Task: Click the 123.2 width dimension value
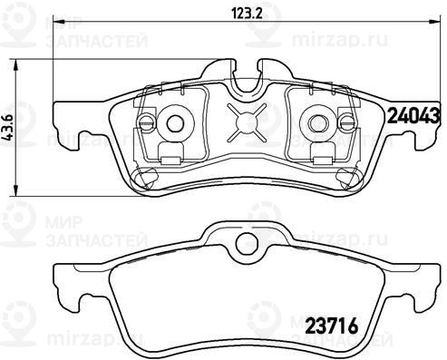click(247, 14)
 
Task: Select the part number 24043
click(413, 116)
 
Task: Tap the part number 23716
click(333, 326)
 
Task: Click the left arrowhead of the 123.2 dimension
click(59, 21)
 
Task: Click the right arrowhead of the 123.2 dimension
click(435, 21)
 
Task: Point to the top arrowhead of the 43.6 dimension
click(17, 64)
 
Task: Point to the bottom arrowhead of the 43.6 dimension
click(17, 190)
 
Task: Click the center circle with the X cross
click(247, 122)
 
